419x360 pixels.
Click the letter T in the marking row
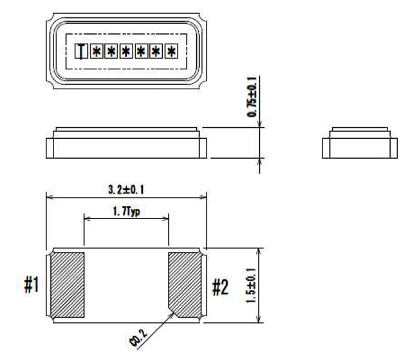[80, 50]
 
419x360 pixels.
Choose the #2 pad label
[221, 285]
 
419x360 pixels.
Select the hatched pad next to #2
[187, 284]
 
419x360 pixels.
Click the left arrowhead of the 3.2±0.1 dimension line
[48, 197]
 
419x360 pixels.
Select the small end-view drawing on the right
[358, 142]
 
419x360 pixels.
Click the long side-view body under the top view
[126, 143]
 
